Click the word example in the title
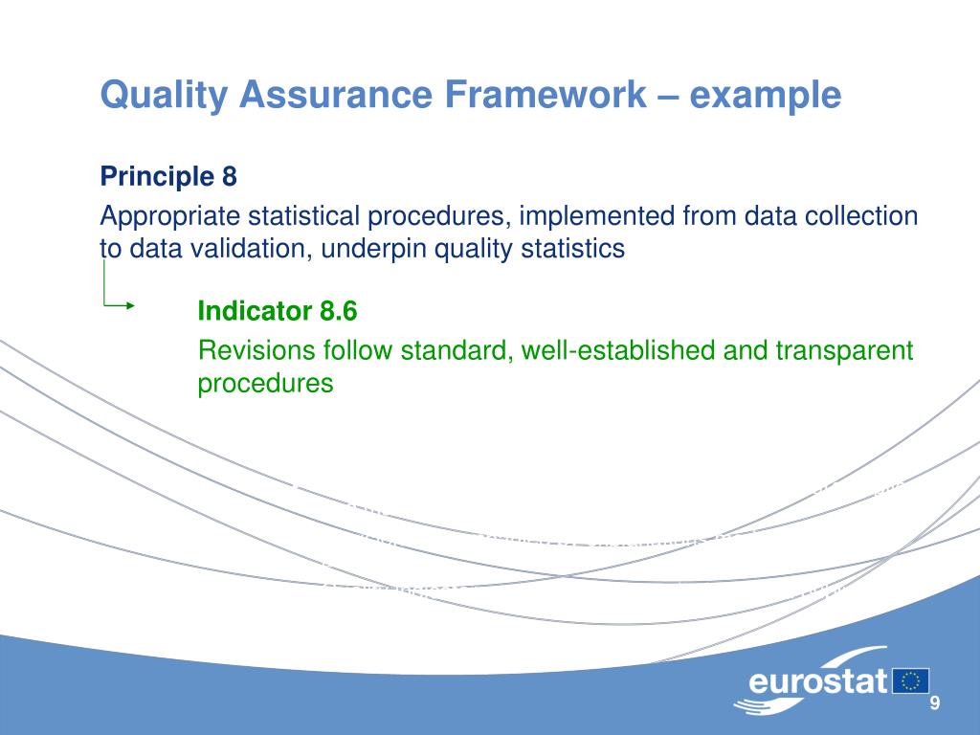pyautogui.click(x=766, y=95)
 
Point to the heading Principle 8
pyautogui.click(x=168, y=176)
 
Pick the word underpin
pyautogui.click(x=374, y=249)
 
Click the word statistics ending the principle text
pyautogui.click(x=571, y=249)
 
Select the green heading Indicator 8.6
pyautogui.click(x=278, y=311)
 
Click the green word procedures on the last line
pyautogui.click(x=265, y=384)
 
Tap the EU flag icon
pyautogui.click(x=911, y=680)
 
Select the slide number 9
pyautogui.click(x=935, y=704)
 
